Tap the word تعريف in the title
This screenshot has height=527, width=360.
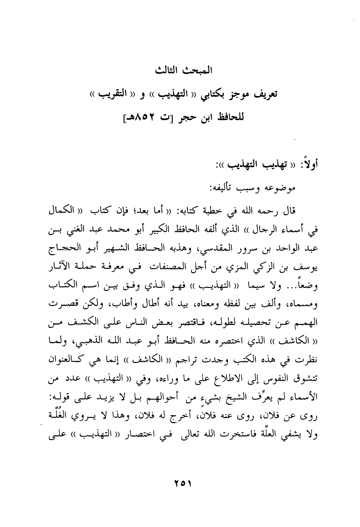coord(264,95)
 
